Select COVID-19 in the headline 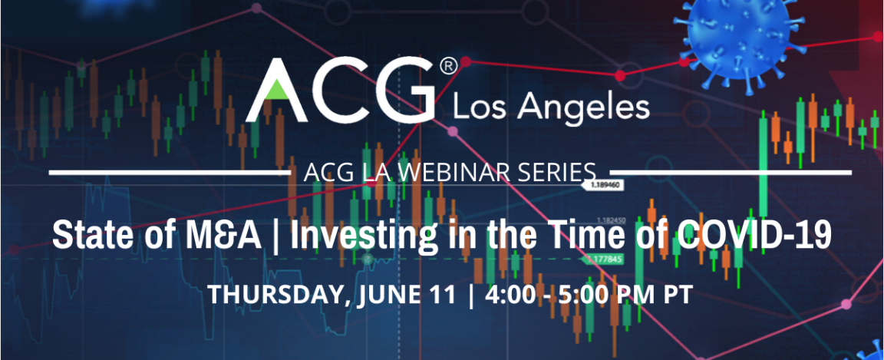coord(754,235)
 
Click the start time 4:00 coord(510,295)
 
